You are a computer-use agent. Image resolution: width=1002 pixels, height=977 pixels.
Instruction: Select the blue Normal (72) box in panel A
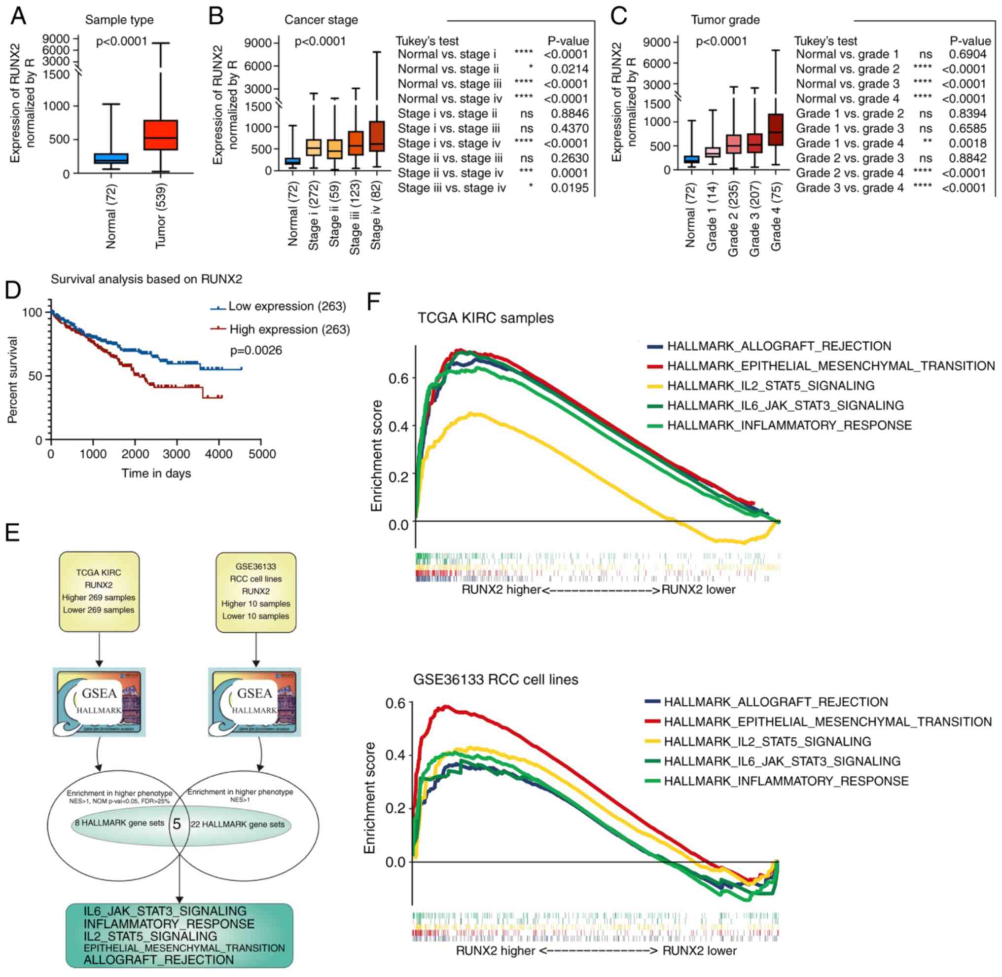[111, 158]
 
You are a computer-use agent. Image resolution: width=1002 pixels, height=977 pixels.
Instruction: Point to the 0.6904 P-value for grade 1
[967, 54]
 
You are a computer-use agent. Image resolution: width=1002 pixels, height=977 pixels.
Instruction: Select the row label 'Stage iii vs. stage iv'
[452, 188]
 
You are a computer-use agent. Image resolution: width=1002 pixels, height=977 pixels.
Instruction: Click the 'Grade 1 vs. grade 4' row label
[849, 144]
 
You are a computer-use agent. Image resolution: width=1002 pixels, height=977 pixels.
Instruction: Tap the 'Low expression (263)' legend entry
[287, 306]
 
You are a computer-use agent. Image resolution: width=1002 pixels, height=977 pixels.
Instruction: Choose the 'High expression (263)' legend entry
[289, 329]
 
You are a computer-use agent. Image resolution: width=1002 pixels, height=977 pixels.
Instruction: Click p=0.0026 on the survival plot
[256, 351]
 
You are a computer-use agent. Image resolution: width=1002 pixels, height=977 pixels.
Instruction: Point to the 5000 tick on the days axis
[262, 454]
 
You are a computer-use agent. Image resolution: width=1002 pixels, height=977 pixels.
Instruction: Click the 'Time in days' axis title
[156, 473]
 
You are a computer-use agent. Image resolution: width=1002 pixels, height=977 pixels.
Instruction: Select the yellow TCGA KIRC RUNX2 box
[99, 591]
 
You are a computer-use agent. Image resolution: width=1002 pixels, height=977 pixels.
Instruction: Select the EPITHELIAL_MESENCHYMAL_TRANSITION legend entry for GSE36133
[827, 722]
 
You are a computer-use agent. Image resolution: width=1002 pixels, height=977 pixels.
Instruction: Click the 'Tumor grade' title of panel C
[724, 20]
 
